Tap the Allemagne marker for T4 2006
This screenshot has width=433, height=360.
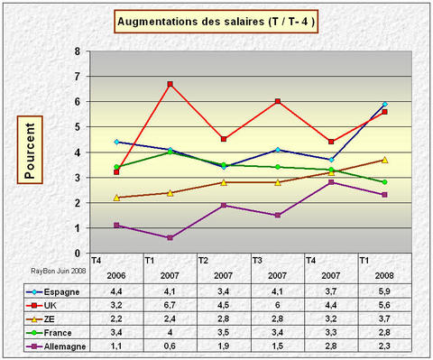click(117, 225)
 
